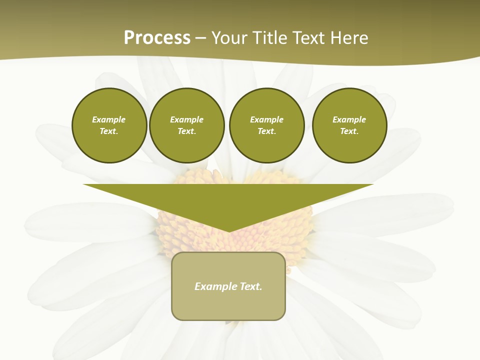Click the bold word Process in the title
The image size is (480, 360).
click(157, 38)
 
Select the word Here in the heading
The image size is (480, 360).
click(349, 38)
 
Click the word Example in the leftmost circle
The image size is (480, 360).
click(109, 119)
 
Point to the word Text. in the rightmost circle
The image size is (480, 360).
click(349, 131)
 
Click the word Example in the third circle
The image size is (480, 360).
click(266, 119)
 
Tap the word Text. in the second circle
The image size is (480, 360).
click(187, 131)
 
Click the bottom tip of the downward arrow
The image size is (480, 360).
click(229, 230)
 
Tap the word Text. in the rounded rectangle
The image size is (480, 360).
click(250, 286)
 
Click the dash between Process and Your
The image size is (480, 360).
click(201, 38)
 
